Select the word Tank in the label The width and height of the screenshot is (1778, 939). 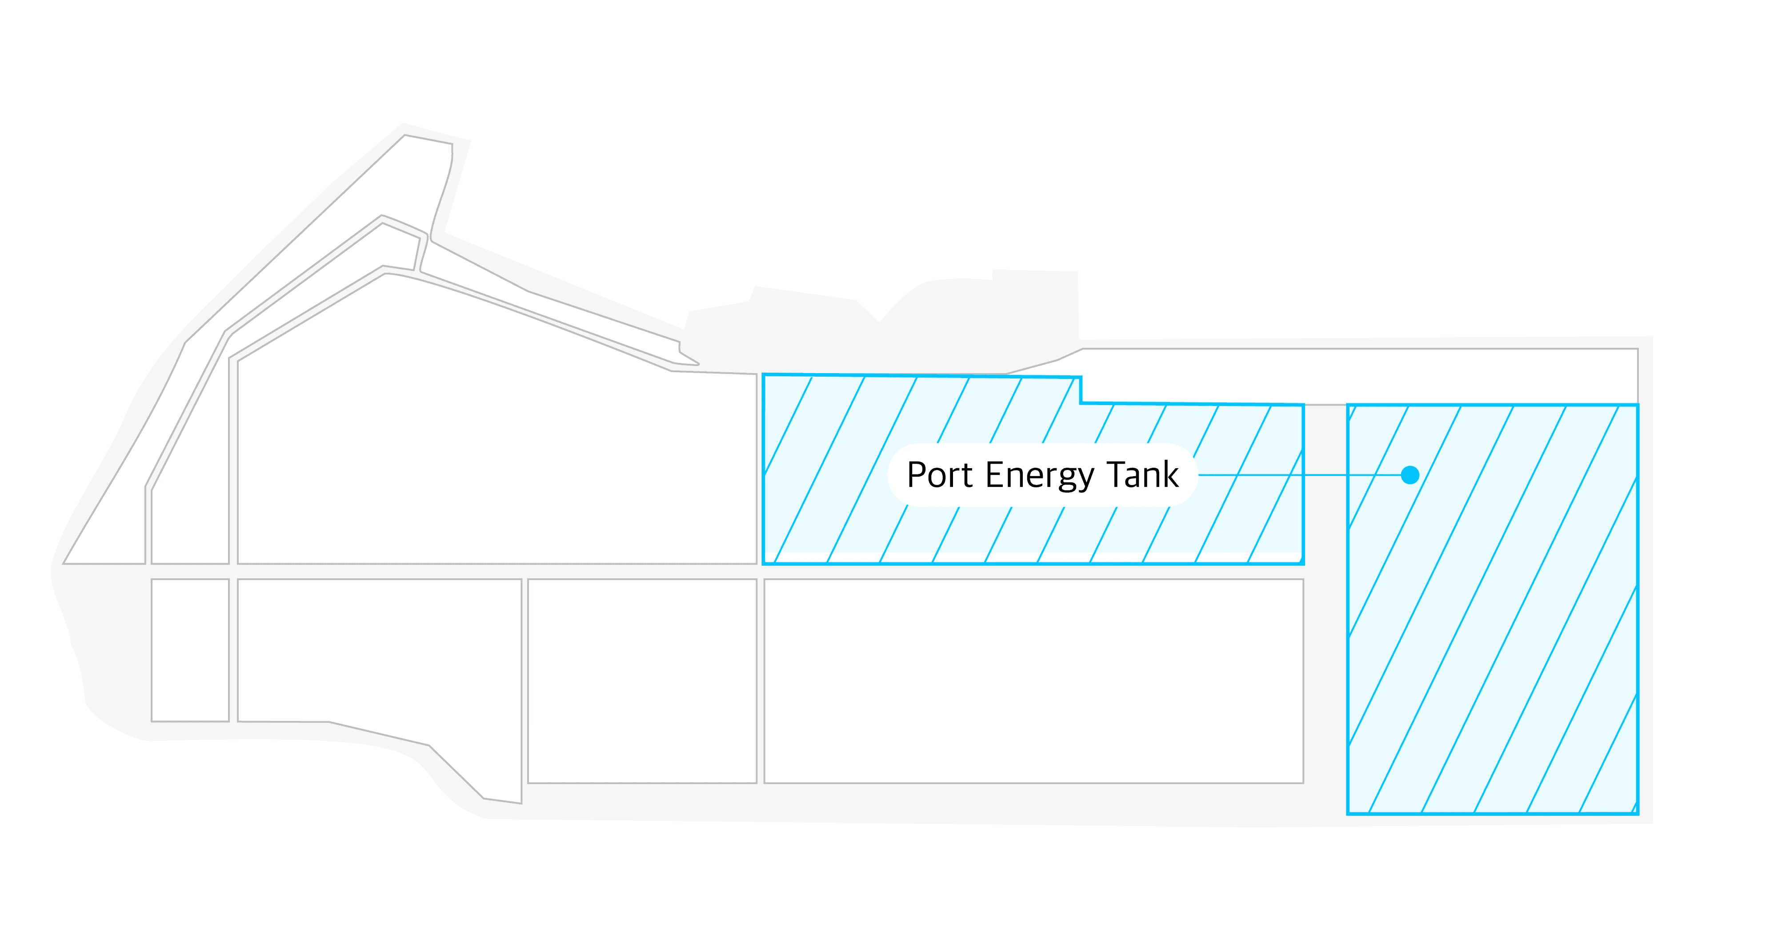1143,475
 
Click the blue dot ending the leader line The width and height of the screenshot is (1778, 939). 1410,475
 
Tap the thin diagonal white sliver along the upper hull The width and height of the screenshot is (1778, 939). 552,303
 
